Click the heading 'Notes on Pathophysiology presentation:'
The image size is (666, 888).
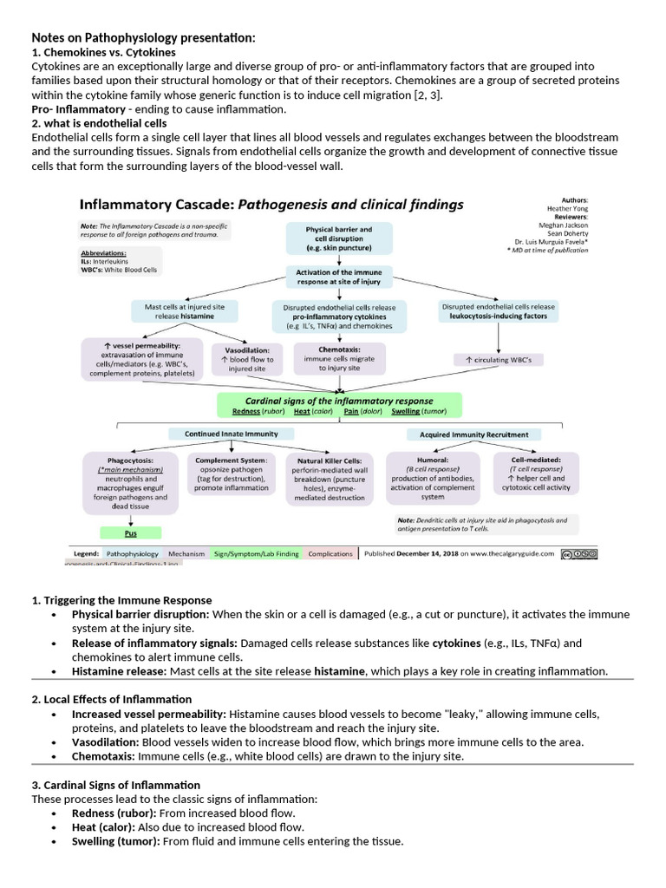click(x=143, y=37)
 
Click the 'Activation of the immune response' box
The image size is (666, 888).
click(x=338, y=277)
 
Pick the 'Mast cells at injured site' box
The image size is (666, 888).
click(x=178, y=310)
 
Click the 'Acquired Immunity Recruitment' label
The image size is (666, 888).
click(x=468, y=434)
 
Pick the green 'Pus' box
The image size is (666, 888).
click(x=131, y=533)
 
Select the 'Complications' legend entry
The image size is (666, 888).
click(x=330, y=553)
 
